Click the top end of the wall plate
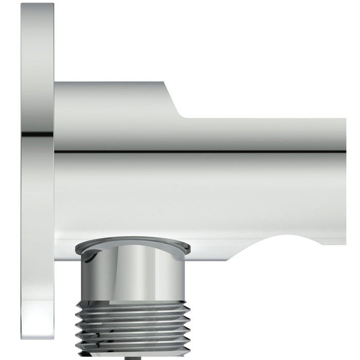tap(38, 5)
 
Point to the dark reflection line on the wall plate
tap(38, 135)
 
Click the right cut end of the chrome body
tap(345, 180)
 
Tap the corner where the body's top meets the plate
tap(56, 83)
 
